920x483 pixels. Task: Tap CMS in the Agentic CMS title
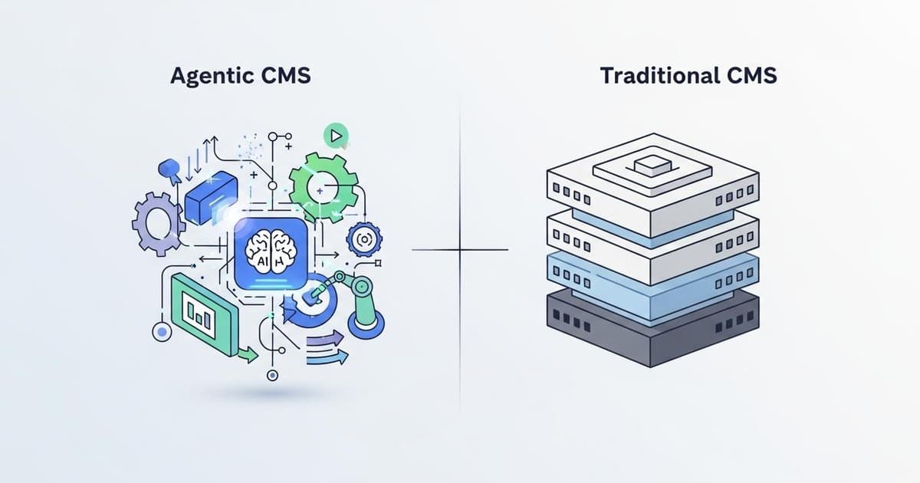click(285, 77)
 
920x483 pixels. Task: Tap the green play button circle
click(335, 136)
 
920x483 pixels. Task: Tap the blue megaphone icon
click(168, 170)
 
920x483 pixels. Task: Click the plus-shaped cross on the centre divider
click(460, 250)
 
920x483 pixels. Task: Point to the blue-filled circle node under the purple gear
click(162, 331)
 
